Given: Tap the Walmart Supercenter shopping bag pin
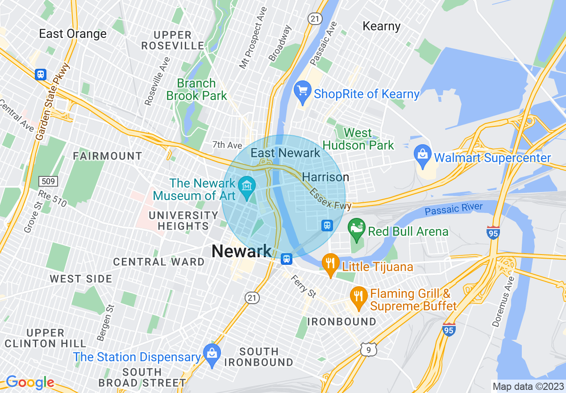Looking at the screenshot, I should (422, 155).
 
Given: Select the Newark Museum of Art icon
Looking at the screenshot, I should (246, 185).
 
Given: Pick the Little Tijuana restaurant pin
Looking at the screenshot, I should (330, 263).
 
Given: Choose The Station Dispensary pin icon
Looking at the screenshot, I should (211, 354).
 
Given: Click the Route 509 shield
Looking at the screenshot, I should (46, 181).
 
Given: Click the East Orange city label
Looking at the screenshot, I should (73, 34).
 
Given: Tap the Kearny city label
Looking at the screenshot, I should (381, 26).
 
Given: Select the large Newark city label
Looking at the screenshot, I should (241, 251).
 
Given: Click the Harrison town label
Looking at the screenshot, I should (325, 177).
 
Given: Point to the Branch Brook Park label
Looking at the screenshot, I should (196, 89).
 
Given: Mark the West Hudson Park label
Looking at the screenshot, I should (358, 139).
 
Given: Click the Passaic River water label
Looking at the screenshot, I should (454, 208).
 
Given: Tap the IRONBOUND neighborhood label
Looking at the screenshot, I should (341, 322).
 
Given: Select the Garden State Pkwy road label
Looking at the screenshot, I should (53, 102).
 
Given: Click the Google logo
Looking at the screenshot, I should (30, 382).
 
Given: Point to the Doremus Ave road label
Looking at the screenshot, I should (504, 301).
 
